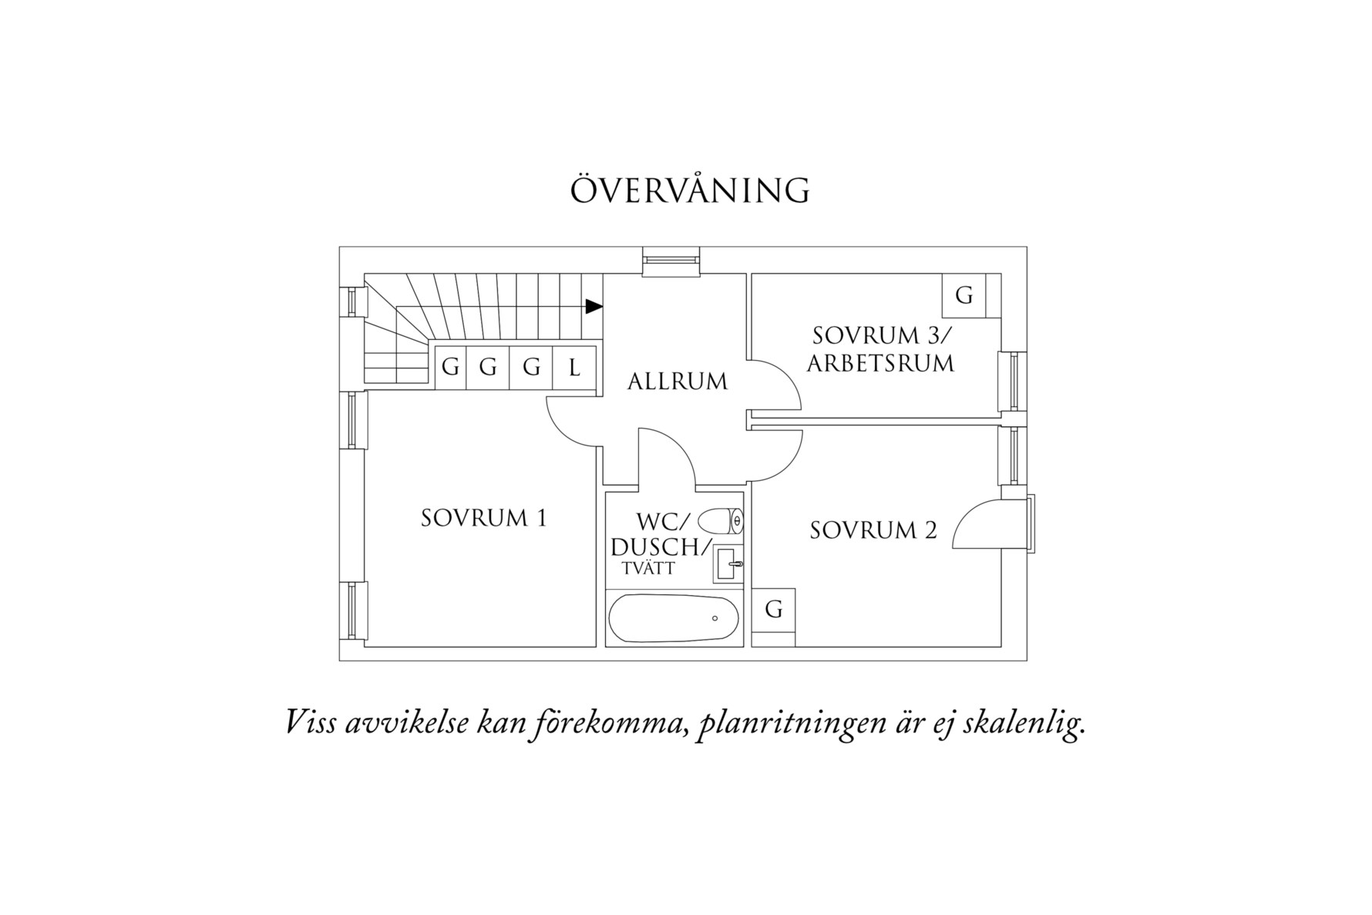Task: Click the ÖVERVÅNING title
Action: [690, 190]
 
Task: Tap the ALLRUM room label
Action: [677, 382]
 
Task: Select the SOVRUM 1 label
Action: [483, 518]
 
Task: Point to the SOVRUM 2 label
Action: [873, 530]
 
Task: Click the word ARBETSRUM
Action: [880, 363]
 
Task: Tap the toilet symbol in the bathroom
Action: [725, 521]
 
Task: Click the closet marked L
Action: [575, 368]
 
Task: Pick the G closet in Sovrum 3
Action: [964, 295]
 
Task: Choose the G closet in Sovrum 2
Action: [774, 610]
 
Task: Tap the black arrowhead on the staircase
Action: [594, 307]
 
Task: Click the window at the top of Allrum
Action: [671, 261]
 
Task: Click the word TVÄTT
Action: [648, 569]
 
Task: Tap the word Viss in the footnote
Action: [311, 722]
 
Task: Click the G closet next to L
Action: [531, 368]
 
